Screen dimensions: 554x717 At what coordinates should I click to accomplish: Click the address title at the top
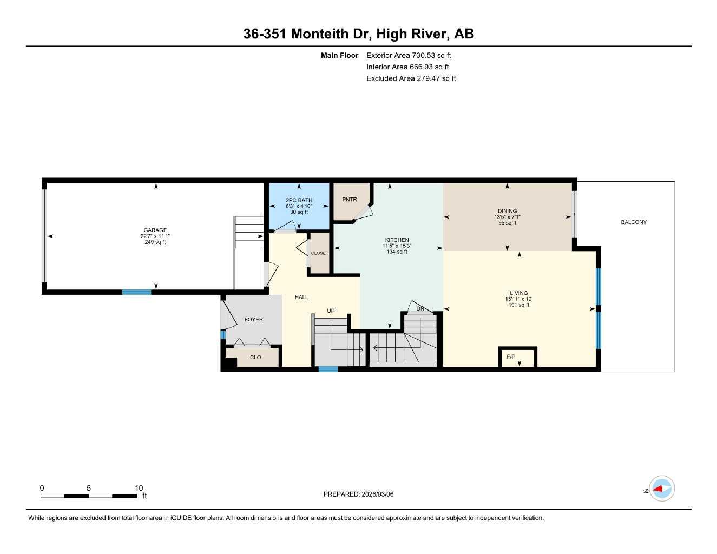click(x=358, y=34)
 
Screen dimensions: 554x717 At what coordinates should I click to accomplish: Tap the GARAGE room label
click(x=155, y=230)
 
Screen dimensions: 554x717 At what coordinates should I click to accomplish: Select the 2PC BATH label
click(x=299, y=200)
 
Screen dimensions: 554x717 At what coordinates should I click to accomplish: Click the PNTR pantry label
click(x=350, y=200)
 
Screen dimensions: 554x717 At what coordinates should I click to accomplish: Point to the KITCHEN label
click(x=397, y=240)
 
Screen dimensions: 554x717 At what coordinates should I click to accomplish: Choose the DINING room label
click(x=507, y=211)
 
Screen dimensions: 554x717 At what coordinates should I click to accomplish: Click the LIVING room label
click(x=518, y=293)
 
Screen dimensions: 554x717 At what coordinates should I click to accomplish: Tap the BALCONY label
click(x=634, y=222)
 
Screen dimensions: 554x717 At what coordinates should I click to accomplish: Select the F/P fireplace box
click(x=517, y=357)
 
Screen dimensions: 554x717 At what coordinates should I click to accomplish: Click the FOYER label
click(x=253, y=320)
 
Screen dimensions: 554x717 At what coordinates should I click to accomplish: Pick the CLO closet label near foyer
click(x=255, y=358)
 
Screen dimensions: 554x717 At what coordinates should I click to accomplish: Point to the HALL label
click(x=301, y=297)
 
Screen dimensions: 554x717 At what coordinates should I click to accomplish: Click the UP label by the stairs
click(x=331, y=311)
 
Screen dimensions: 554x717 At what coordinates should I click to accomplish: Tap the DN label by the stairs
click(x=420, y=309)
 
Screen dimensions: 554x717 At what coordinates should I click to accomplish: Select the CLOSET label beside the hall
click(x=319, y=253)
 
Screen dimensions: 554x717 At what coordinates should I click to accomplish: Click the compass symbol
click(x=661, y=489)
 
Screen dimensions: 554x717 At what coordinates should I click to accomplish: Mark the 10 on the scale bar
click(x=139, y=488)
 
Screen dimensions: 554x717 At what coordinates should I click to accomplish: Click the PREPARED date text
click(x=358, y=494)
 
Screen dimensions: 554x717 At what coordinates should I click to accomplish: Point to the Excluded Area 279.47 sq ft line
click(x=411, y=78)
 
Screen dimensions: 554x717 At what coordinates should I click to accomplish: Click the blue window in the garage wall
click(x=136, y=292)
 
